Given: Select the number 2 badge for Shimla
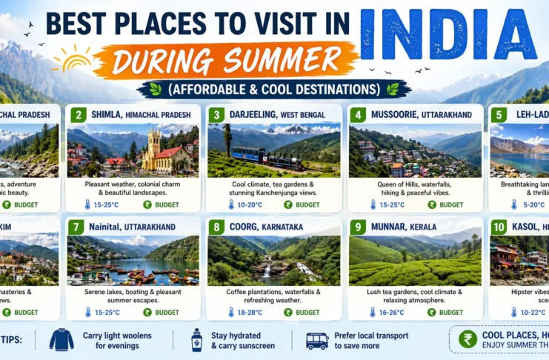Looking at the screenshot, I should (x=78, y=115).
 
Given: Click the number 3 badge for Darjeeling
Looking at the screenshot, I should (x=216, y=115).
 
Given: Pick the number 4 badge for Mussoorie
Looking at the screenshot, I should (x=359, y=115).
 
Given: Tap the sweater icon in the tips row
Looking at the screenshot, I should (x=61, y=340).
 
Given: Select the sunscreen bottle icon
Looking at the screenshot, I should (x=196, y=340).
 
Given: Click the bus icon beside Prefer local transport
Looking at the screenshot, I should (x=317, y=341).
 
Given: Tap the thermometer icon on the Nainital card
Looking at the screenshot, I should (x=87, y=313).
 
